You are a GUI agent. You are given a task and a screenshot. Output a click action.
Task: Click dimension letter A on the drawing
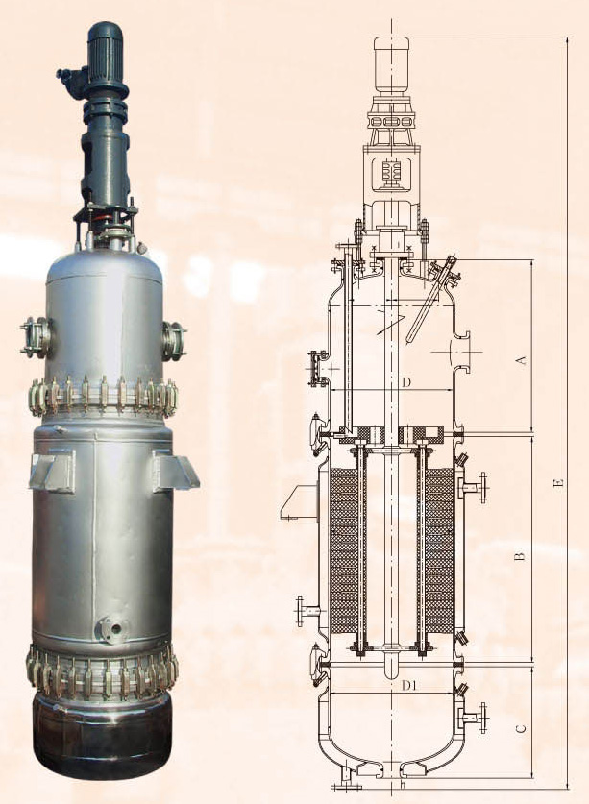click(521, 359)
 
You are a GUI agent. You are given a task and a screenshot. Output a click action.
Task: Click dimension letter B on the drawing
click(520, 556)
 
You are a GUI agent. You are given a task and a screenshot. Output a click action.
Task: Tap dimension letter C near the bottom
click(520, 729)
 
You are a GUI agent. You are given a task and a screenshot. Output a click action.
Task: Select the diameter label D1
click(409, 685)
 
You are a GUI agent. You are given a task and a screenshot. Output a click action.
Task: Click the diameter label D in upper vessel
click(405, 382)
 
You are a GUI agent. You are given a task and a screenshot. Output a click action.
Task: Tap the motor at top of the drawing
click(391, 64)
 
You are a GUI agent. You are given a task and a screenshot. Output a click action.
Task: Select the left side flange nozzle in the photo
click(36, 337)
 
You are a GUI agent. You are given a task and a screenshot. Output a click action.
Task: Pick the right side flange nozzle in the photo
click(175, 341)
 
